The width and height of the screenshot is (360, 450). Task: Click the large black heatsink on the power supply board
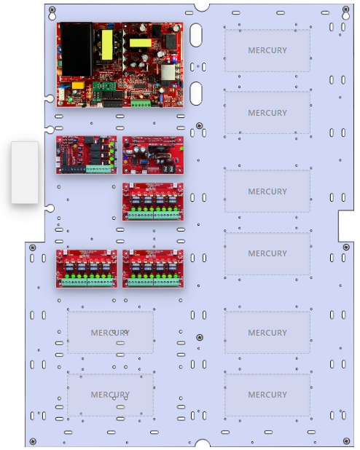coord(75,50)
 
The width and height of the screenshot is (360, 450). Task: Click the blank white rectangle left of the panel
coord(24,173)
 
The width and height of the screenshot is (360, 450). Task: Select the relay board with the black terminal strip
coord(86,154)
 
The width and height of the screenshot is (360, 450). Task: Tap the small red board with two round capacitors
coord(152,154)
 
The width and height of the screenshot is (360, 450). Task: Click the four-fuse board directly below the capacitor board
coord(152,201)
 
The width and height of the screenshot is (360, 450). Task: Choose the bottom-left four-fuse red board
coord(86,268)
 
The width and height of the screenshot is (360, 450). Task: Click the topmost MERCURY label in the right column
coord(267,51)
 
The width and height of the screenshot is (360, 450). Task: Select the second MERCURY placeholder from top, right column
coord(267,113)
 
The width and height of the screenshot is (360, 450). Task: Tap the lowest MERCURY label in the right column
coord(267,395)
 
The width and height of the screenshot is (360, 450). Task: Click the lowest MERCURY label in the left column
coord(110,395)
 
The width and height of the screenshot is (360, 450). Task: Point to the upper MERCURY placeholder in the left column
coord(110,333)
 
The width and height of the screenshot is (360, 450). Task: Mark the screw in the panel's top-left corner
coord(52,9)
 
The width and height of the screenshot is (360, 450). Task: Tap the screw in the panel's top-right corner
coord(345,9)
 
